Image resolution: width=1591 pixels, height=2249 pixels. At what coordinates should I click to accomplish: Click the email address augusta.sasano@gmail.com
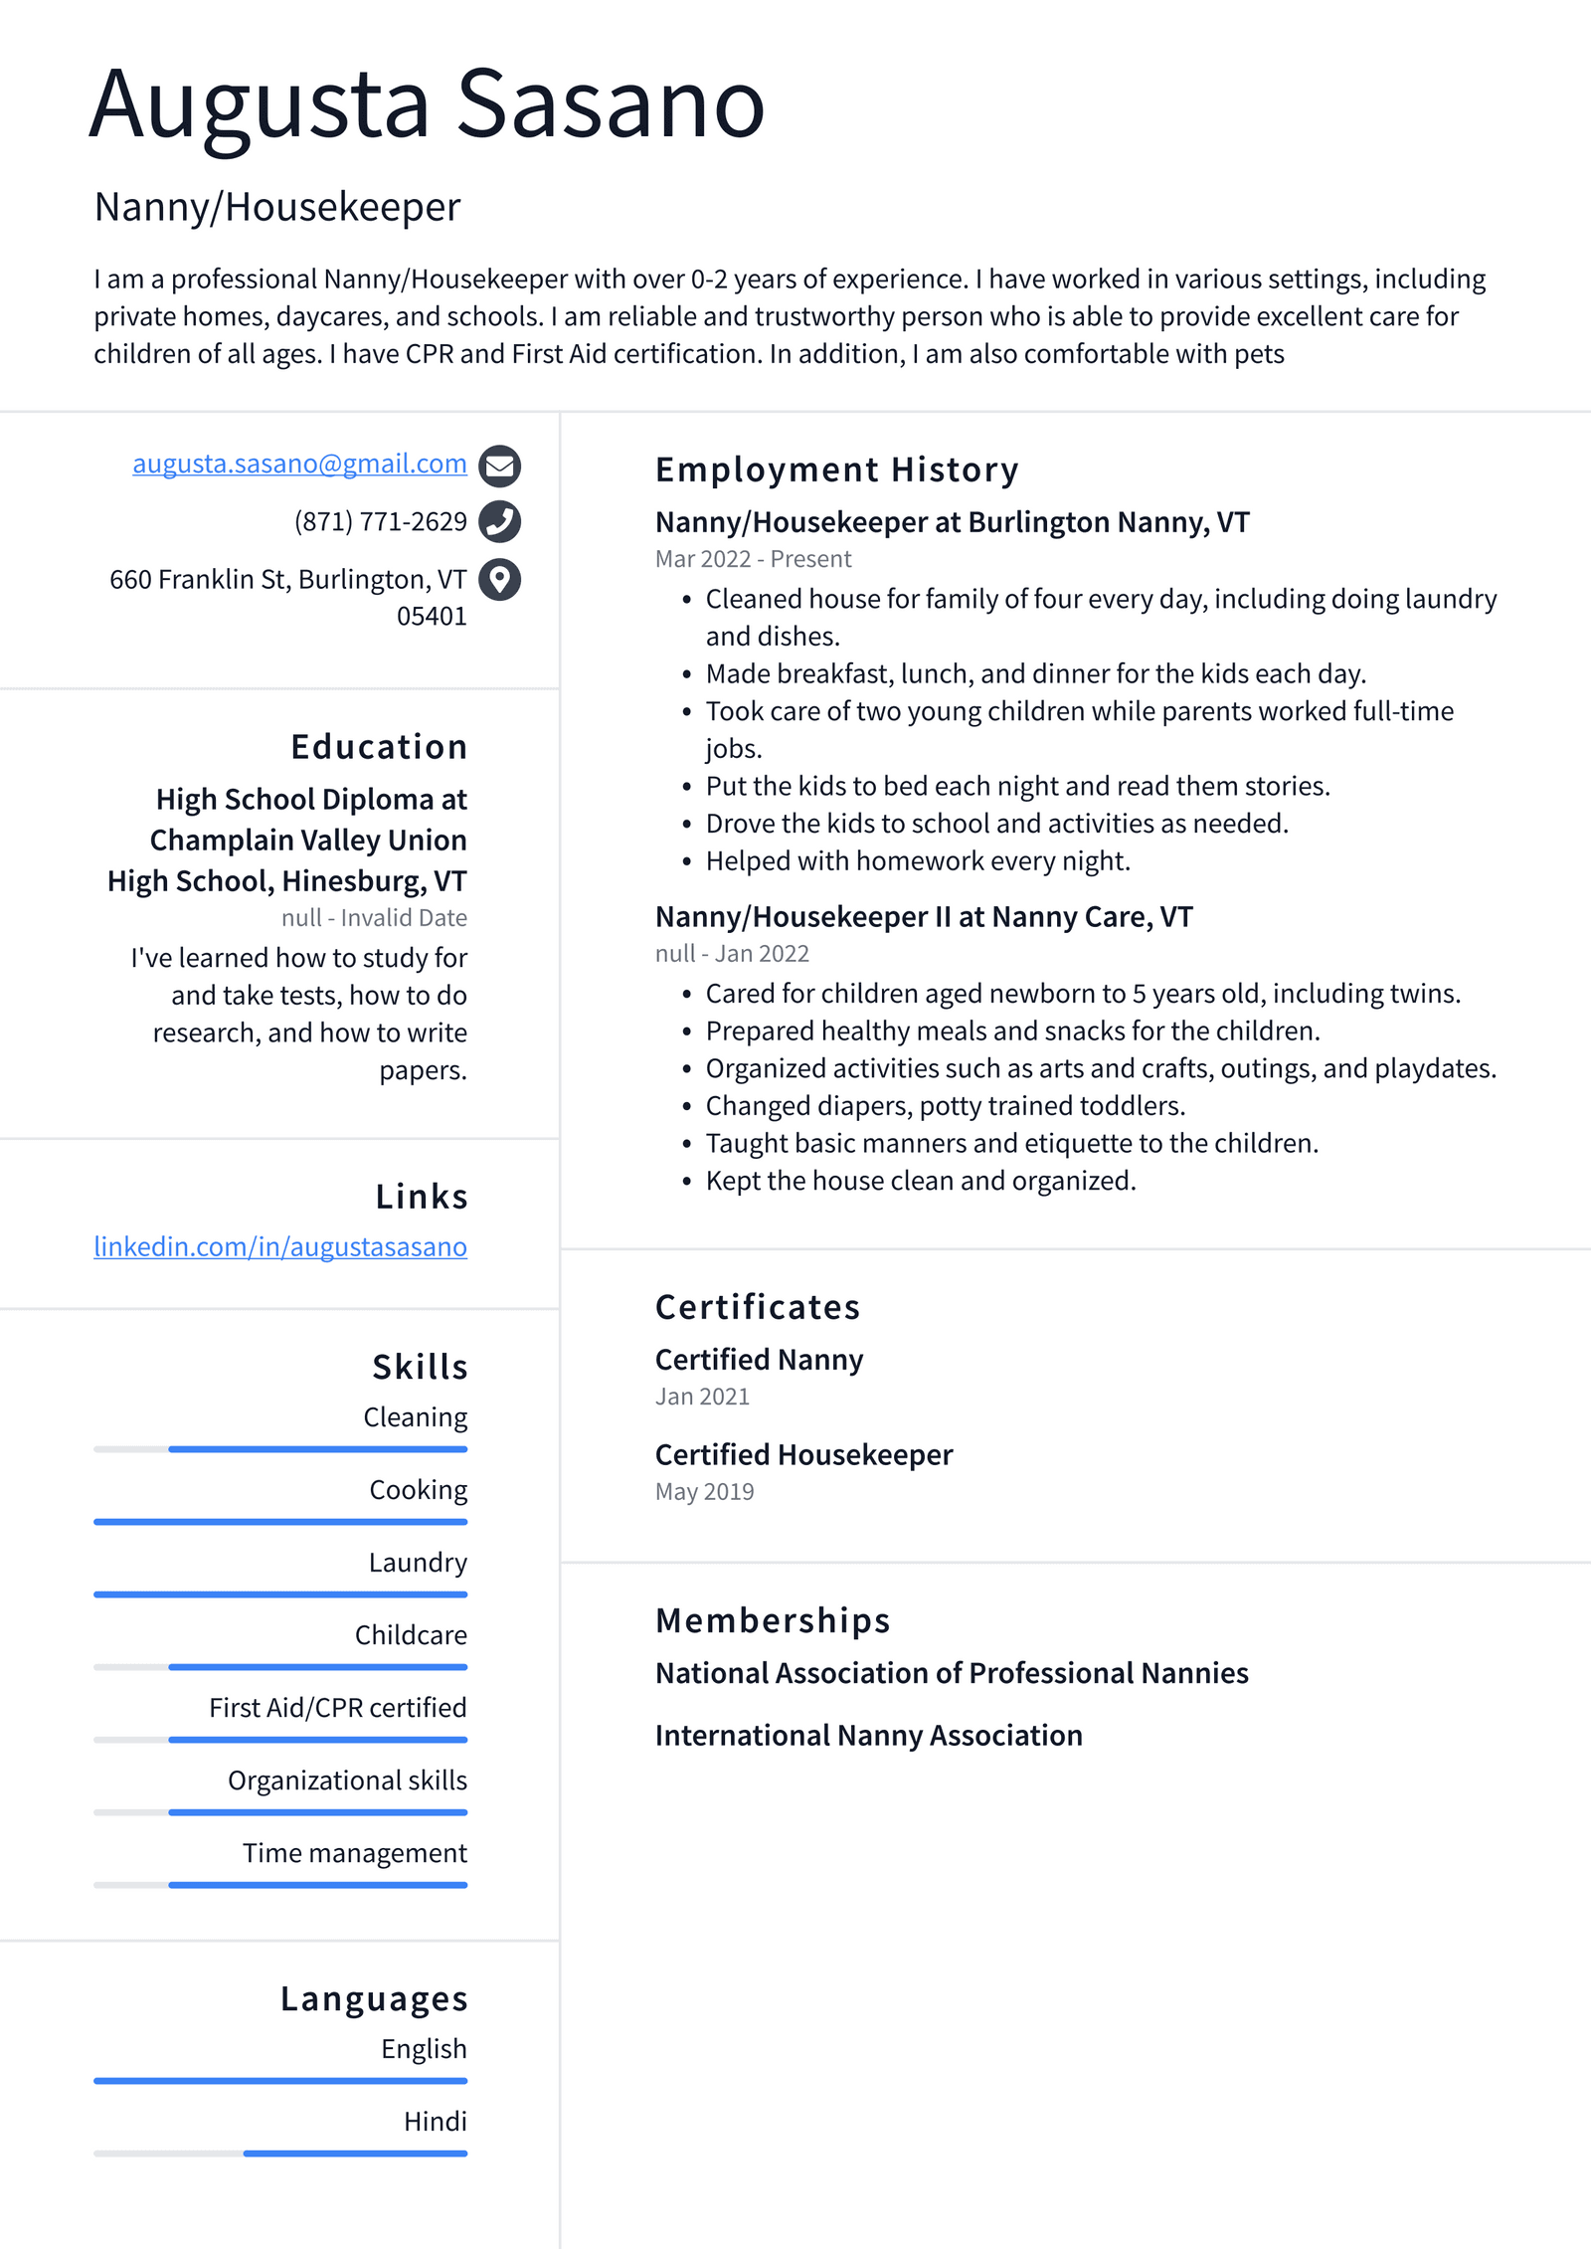pyautogui.click(x=299, y=464)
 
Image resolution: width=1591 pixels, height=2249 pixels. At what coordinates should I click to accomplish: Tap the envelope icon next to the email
pyautogui.click(x=499, y=465)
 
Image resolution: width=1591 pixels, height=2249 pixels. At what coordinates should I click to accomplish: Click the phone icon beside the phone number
pyautogui.click(x=499, y=521)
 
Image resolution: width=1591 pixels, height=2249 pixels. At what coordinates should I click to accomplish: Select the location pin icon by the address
pyautogui.click(x=499, y=579)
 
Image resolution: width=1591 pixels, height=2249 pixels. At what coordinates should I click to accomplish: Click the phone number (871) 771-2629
pyautogui.click(x=380, y=521)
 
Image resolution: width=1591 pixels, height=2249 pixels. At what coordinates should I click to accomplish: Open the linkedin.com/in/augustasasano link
pyautogui.click(x=280, y=1246)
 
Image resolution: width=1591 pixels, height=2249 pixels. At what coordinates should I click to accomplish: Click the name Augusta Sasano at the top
pyautogui.click(x=428, y=104)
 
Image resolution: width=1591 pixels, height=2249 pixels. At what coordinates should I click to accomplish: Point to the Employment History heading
pyautogui.click(x=836, y=469)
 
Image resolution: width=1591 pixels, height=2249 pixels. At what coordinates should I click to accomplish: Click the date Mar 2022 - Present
pyautogui.click(x=753, y=559)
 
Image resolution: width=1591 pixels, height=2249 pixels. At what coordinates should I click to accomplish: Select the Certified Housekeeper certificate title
pyautogui.click(x=803, y=1454)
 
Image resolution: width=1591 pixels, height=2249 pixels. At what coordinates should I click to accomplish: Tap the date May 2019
pyautogui.click(x=704, y=1492)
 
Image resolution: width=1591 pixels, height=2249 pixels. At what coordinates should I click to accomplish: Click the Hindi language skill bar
pyautogui.click(x=280, y=2154)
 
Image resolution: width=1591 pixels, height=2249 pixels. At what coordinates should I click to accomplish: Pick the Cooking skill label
pyautogui.click(x=418, y=1490)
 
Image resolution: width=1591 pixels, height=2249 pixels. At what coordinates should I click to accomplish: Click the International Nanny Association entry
pyautogui.click(x=868, y=1736)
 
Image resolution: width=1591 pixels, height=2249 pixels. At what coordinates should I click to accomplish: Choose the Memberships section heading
pyautogui.click(x=772, y=1620)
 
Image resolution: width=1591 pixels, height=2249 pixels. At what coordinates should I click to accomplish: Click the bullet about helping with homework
pyautogui.click(x=918, y=860)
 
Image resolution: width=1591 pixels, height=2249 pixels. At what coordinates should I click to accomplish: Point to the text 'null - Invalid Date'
pyautogui.click(x=374, y=918)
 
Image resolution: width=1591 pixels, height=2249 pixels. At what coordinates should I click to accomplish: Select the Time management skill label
pyautogui.click(x=354, y=1853)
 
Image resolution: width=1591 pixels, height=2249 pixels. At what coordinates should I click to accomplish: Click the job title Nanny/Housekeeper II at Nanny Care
pyautogui.click(x=924, y=916)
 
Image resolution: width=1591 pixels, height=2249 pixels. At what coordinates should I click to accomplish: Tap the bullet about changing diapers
pyautogui.click(x=945, y=1105)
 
